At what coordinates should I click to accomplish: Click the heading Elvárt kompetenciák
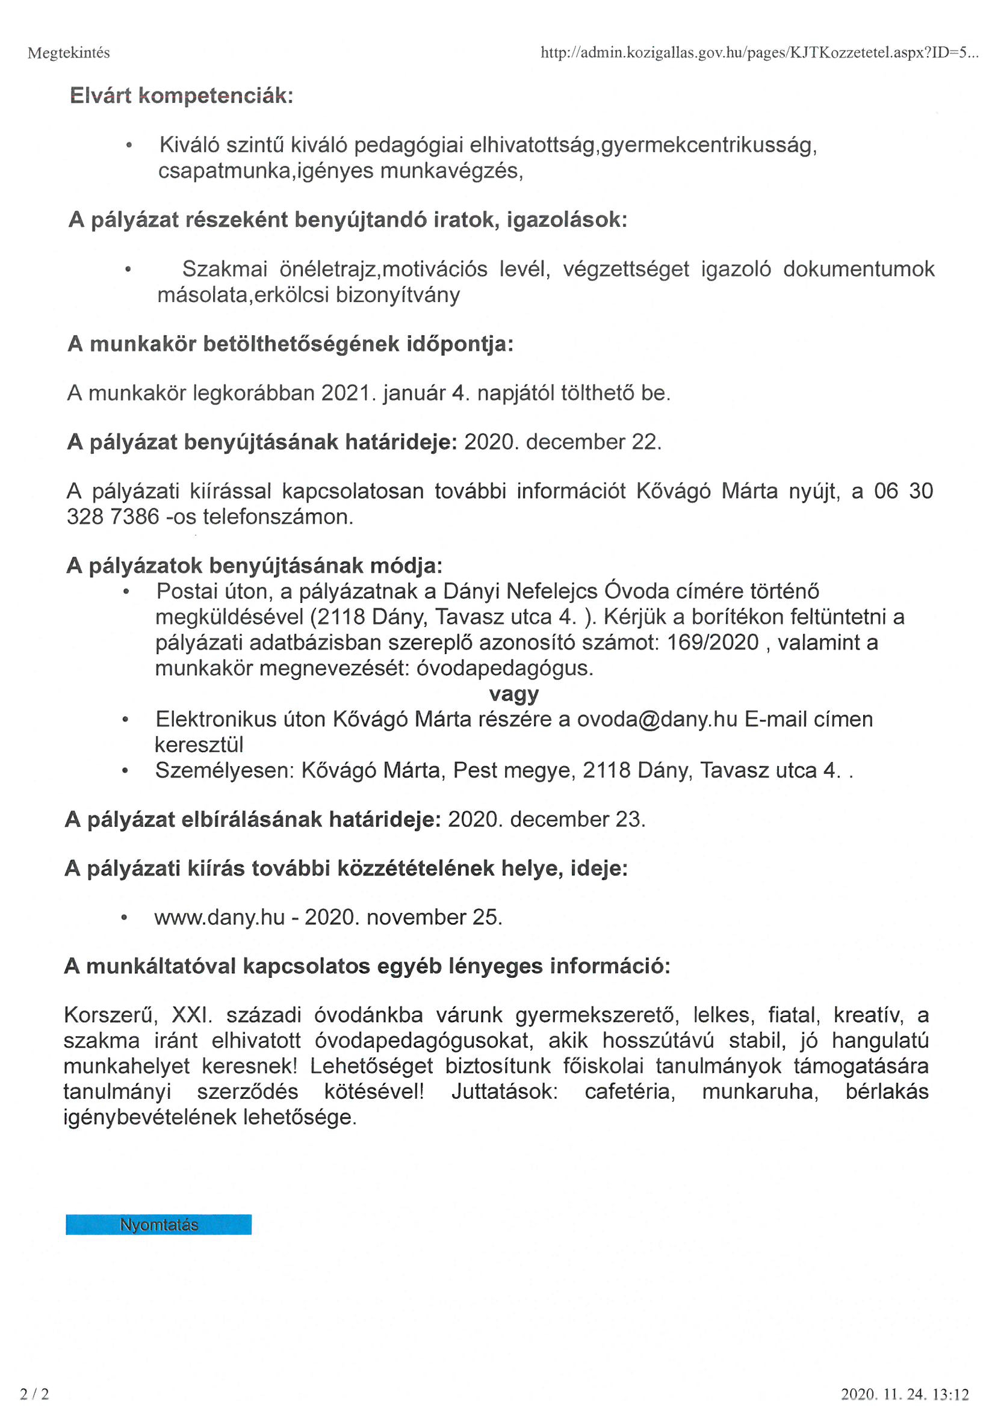(x=181, y=96)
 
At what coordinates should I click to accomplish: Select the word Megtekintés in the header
(x=69, y=54)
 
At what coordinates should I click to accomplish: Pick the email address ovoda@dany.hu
(x=657, y=719)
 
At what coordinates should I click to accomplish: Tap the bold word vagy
(x=513, y=694)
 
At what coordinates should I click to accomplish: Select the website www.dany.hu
(x=220, y=917)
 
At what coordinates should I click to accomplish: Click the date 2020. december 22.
(x=563, y=442)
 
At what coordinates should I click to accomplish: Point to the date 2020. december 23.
(x=546, y=819)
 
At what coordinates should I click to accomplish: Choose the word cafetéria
(x=630, y=1092)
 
